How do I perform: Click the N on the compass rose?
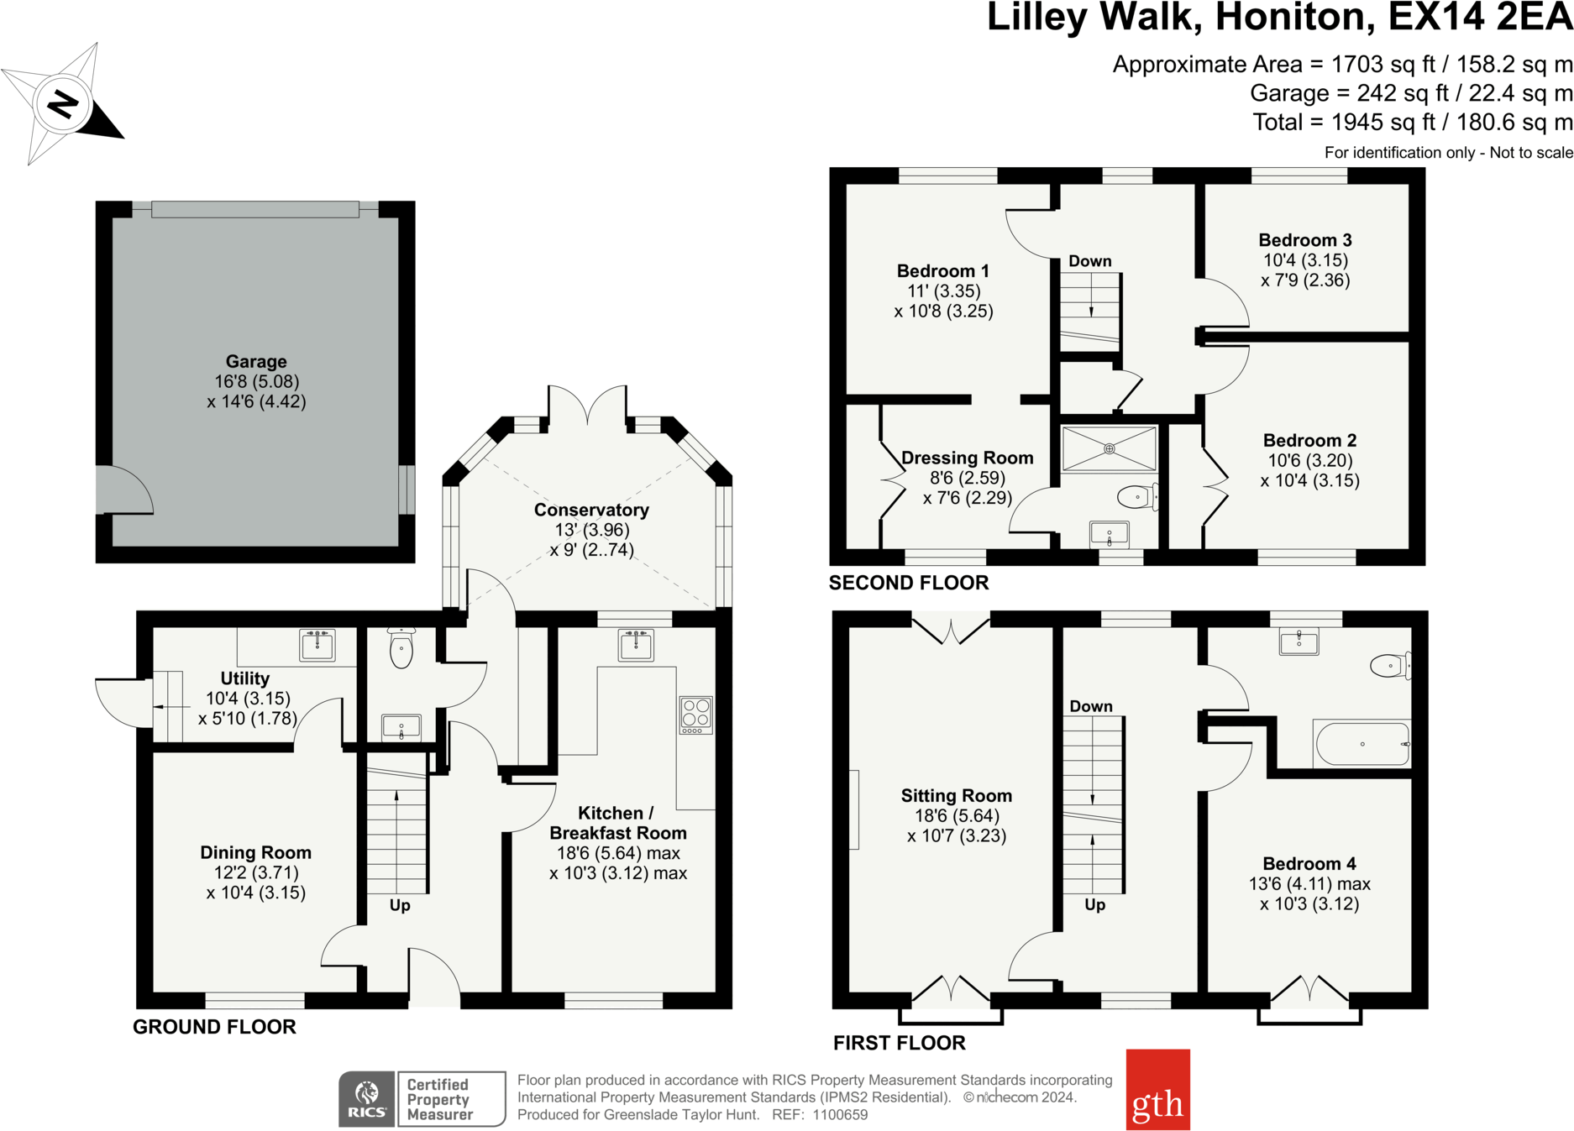point(63,105)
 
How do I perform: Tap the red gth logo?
point(1157,1089)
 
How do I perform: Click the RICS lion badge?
point(367,1098)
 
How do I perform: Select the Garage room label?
point(256,362)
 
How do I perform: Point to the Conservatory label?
point(591,510)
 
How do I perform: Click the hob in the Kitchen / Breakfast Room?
point(695,715)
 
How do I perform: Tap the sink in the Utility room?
point(317,645)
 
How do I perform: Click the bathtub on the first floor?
point(1362,744)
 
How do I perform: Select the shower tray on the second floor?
point(1110,448)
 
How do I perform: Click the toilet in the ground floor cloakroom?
point(401,648)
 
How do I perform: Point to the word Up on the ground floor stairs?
point(400,905)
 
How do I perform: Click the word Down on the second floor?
point(1090,261)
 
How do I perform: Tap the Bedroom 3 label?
point(1305,240)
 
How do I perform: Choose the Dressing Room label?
point(968,458)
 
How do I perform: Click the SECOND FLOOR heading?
point(909,583)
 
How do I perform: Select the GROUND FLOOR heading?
point(214,1027)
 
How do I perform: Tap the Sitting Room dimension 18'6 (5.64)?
point(957,815)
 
